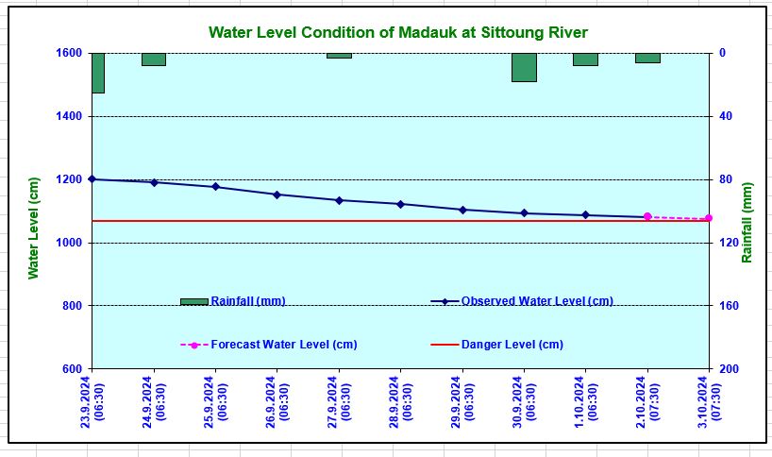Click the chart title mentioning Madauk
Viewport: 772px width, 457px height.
pos(397,33)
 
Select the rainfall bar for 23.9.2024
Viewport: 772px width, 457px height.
pos(97,73)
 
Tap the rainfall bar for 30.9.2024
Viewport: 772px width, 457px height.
pos(524,67)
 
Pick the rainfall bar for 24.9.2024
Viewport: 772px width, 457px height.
pos(154,59)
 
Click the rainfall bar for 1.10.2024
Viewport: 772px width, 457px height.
pos(585,59)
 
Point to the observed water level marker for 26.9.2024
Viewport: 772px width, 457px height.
pos(277,195)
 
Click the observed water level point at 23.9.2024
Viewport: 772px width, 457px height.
pos(92,179)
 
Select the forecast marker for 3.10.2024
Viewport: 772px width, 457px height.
pos(709,219)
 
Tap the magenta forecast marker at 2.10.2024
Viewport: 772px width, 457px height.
pos(647,217)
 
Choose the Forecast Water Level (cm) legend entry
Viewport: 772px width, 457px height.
pos(283,345)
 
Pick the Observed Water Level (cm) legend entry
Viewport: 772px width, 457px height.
pos(536,301)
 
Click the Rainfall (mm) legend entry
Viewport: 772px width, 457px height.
pos(247,301)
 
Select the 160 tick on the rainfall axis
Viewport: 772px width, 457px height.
pos(728,306)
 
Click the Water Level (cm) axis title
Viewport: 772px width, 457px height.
pos(34,228)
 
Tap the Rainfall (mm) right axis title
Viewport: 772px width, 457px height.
pos(747,222)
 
